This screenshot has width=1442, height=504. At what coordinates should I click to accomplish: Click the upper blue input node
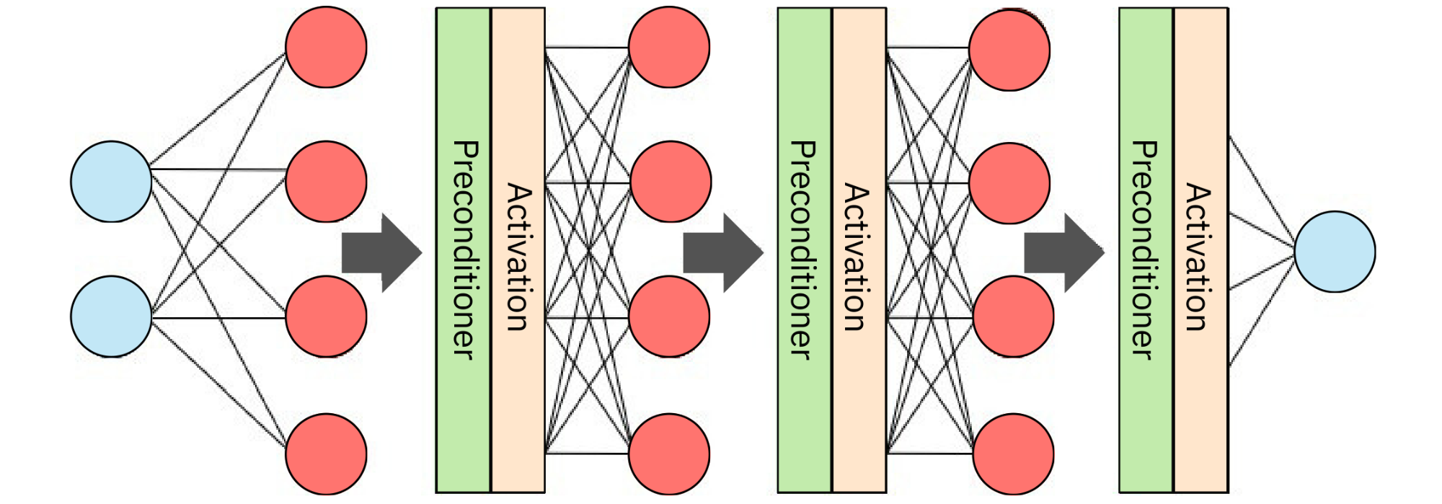pos(111,182)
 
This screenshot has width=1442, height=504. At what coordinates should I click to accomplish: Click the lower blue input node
pos(111,317)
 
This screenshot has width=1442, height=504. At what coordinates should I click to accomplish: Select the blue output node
pos(1335,252)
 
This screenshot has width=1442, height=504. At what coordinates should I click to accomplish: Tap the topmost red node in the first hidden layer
pos(326,48)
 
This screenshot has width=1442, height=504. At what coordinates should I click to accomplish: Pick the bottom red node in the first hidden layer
pos(326,454)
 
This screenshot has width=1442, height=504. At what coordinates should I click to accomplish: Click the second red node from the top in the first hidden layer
pos(326,182)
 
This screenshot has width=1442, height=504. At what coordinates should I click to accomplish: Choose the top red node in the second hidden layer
pos(669,48)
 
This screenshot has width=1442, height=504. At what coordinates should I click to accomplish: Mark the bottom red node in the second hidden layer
pos(669,454)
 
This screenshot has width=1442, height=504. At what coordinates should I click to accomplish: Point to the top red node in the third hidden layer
pos(1009,50)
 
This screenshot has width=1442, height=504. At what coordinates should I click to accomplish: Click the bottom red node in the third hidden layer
pos(1013,454)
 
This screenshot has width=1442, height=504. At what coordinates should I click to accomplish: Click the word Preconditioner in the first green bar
pos(464,249)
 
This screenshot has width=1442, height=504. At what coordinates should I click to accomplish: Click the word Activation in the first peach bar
pos(518,257)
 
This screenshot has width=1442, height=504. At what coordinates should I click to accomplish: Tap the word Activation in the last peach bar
pos(1198,257)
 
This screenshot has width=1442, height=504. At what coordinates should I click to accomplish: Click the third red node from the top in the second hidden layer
pos(669,317)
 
